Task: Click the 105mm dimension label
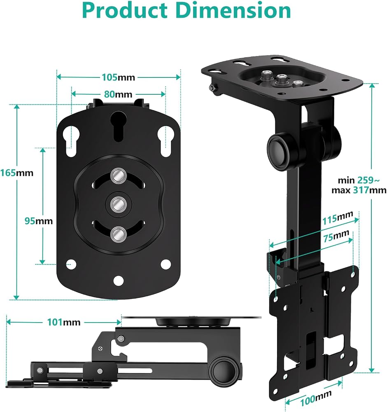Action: click(118, 77)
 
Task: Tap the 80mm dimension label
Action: click(118, 94)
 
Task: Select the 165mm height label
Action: click(17, 173)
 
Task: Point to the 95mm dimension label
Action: click(39, 221)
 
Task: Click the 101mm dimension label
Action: click(63, 322)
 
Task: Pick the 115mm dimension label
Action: click(337, 218)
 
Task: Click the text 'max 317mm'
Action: click(359, 190)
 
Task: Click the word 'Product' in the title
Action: click(125, 11)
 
